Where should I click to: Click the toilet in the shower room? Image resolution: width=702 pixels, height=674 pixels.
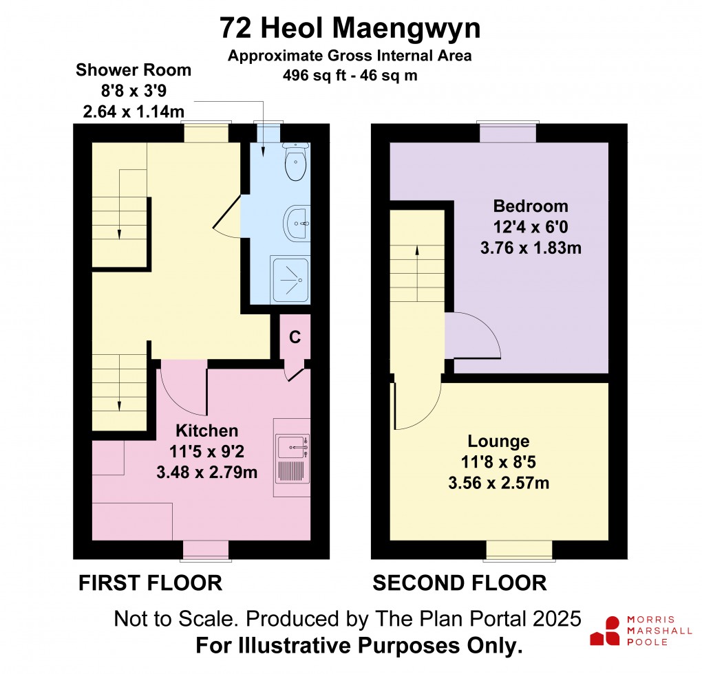(296, 164)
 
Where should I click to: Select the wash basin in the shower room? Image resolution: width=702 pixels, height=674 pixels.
(297, 223)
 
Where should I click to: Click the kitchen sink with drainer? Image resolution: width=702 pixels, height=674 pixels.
(291, 458)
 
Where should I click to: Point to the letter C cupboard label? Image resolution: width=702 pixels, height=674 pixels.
(295, 337)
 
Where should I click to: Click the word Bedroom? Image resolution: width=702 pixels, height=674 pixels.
(531, 206)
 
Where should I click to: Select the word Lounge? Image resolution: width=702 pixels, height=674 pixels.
(498, 441)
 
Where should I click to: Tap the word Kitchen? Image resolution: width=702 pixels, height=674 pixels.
(207, 431)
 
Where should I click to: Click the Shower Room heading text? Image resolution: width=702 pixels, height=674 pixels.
(134, 69)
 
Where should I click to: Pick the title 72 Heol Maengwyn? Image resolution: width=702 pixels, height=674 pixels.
(350, 29)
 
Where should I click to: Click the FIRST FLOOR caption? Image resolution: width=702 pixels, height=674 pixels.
(150, 583)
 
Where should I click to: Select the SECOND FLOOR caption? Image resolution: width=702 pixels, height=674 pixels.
(459, 583)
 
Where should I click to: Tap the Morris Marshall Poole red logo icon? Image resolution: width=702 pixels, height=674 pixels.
(606, 630)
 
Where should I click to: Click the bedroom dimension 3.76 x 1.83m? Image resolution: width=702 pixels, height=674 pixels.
(531, 248)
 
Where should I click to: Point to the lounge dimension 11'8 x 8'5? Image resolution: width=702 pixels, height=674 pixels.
(498, 462)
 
